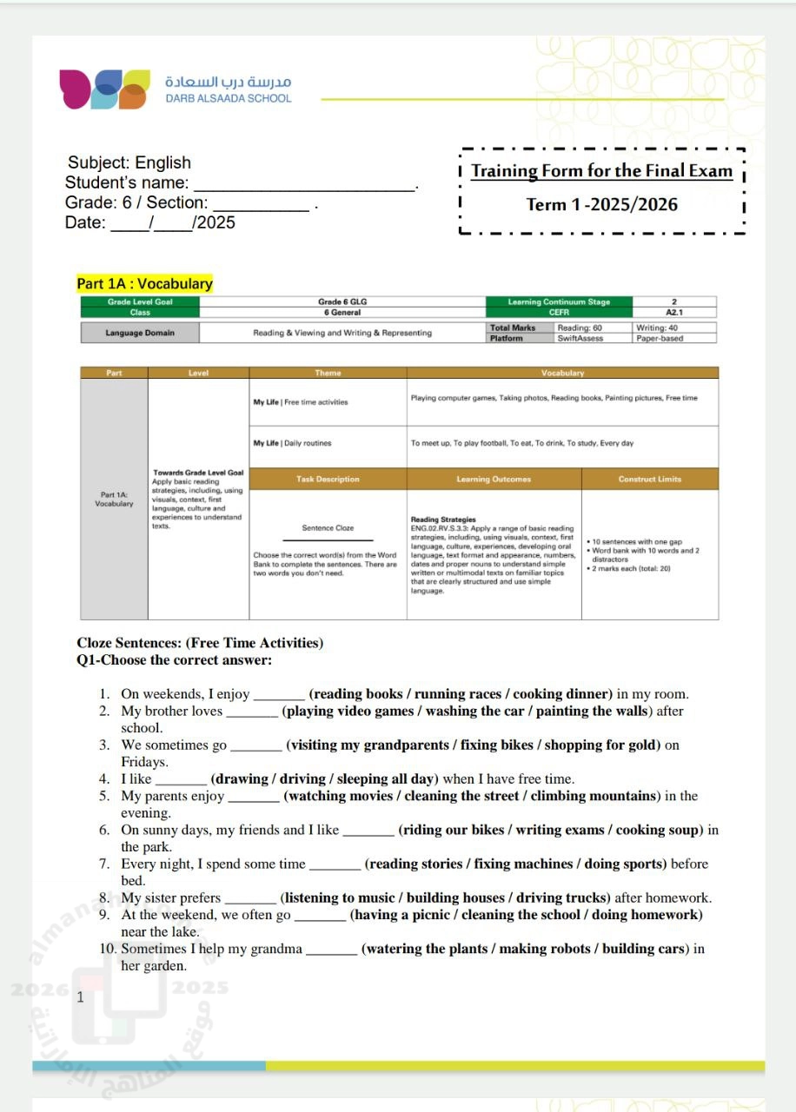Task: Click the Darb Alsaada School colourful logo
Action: pyautogui.click(x=103, y=89)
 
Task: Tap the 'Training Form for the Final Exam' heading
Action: pyautogui.click(x=601, y=171)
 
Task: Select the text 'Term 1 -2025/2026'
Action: pyautogui.click(x=601, y=205)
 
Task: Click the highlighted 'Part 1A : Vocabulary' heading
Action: pyautogui.click(x=144, y=284)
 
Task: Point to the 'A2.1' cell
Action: pyautogui.click(x=675, y=312)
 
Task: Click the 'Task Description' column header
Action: pyautogui.click(x=328, y=480)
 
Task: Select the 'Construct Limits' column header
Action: pyautogui.click(x=649, y=480)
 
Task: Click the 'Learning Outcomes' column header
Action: pyautogui.click(x=494, y=480)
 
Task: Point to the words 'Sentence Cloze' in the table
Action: pyautogui.click(x=328, y=527)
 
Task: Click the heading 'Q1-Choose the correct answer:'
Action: pyautogui.click(x=175, y=660)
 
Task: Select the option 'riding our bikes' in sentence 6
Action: pyautogui.click(x=454, y=830)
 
